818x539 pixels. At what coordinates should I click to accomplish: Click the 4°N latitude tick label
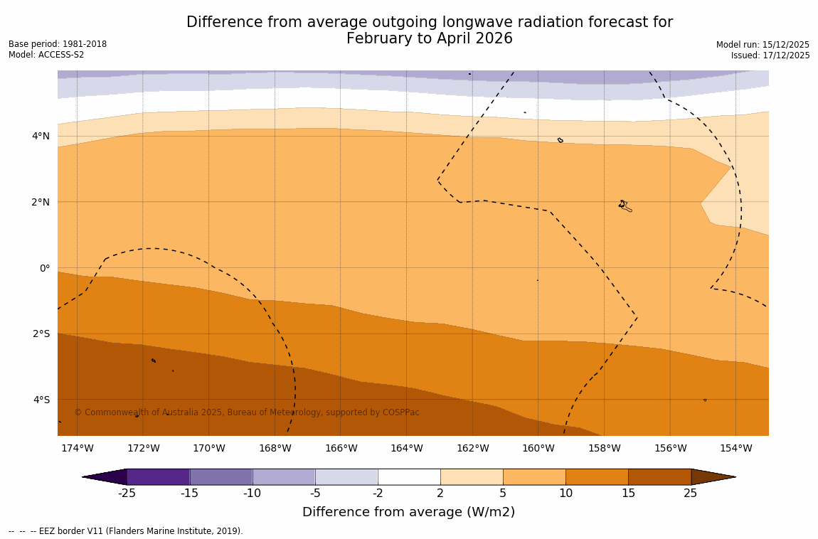point(40,137)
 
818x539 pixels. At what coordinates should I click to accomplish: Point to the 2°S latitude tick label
point(40,334)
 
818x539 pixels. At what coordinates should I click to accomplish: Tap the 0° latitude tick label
point(44,268)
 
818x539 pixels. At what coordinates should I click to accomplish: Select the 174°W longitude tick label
point(77,448)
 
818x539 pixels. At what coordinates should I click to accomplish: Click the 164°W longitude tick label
point(406,448)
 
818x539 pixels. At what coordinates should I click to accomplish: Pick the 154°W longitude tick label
point(735,448)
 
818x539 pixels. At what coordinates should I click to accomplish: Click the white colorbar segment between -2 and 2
point(409,476)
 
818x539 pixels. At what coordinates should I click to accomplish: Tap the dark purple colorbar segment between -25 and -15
point(158,476)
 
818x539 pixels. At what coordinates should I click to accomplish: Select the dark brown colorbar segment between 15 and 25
point(659,476)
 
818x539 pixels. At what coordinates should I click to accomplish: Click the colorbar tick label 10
point(565,493)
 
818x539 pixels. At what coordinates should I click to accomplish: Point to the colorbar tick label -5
point(314,493)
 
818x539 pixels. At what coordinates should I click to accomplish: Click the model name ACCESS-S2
point(62,55)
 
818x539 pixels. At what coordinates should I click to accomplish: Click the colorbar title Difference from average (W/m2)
point(408,512)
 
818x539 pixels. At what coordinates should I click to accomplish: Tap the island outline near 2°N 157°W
point(624,206)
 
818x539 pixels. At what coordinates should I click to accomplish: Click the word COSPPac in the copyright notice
point(401,412)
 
